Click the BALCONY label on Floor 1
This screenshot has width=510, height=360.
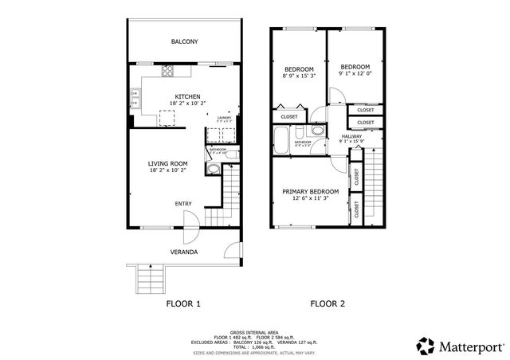pyautogui.click(x=184, y=41)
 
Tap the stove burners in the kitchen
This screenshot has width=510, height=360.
pyautogui.click(x=168, y=70)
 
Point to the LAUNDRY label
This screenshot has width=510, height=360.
pyautogui.click(x=225, y=117)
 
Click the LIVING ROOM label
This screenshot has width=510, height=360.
pyautogui.click(x=168, y=162)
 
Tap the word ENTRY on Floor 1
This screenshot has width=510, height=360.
pyautogui.click(x=183, y=204)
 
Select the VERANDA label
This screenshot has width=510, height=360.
pyautogui.click(x=184, y=252)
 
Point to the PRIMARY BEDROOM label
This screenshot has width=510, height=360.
pyautogui.click(x=311, y=191)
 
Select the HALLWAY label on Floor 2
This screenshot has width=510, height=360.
pyautogui.click(x=352, y=136)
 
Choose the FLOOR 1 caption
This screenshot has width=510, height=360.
pyautogui.click(x=183, y=303)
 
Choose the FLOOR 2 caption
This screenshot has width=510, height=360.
pyautogui.click(x=328, y=303)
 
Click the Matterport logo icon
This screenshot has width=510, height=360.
pyautogui.click(x=425, y=345)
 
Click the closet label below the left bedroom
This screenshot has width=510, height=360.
pyautogui.click(x=290, y=117)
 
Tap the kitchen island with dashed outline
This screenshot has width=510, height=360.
pyautogui.click(x=168, y=118)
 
